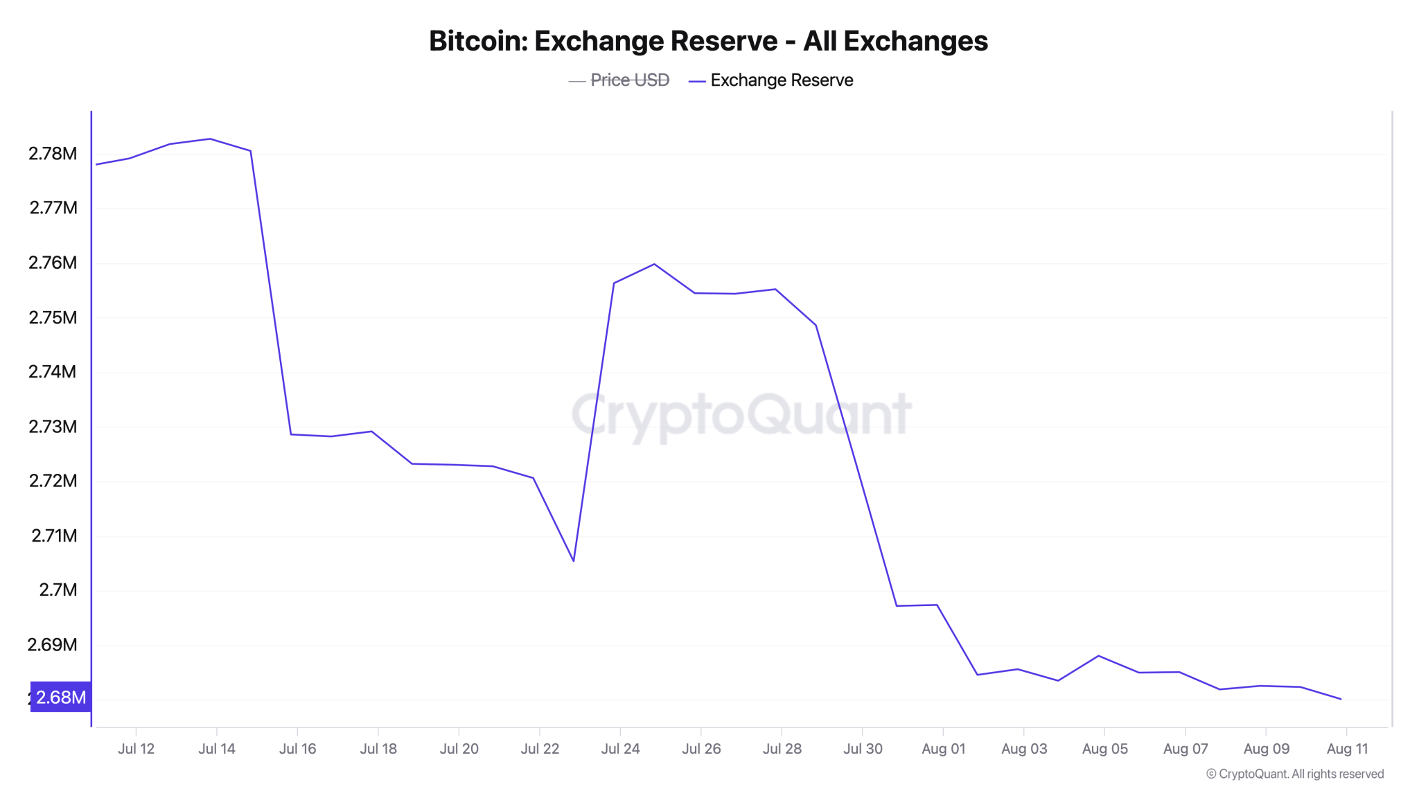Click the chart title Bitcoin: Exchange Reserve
pyautogui.click(x=708, y=41)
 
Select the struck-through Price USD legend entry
pyautogui.click(x=629, y=80)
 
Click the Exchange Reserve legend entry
pyautogui.click(x=781, y=80)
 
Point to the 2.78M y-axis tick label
pyautogui.click(x=53, y=153)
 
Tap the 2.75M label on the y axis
pyautogui.click(x=53, y=317)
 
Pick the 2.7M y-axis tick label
pyautogui.click(x=58, y=589)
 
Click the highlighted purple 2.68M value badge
pyautogui.click(x=61, y=697)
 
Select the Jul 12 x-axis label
pyautogui.click(x=136, y=749)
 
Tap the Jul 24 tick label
pyautogui.click(x=620, y=749)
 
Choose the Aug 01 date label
pyautogui.click(x=943, y=749)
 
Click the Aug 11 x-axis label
pyautogui.click(x=1347, y=749)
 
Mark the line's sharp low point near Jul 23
pyautogui.click(x=574, y=560)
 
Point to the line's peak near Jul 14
pyautogui.click(x=210, y=139)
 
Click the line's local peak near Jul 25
pyautogui.click(x=654, y=264)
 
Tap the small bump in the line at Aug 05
pyautogui.click(x=1099, y=655)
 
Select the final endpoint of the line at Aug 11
pyautogui.click(x=1341, y=699)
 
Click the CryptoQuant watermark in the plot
pyautogui.click(x=741, y=414)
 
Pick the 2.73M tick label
pyautogui.click(x=53, y=426)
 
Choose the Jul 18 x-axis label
pyautogui.click(x=378, y=749)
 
